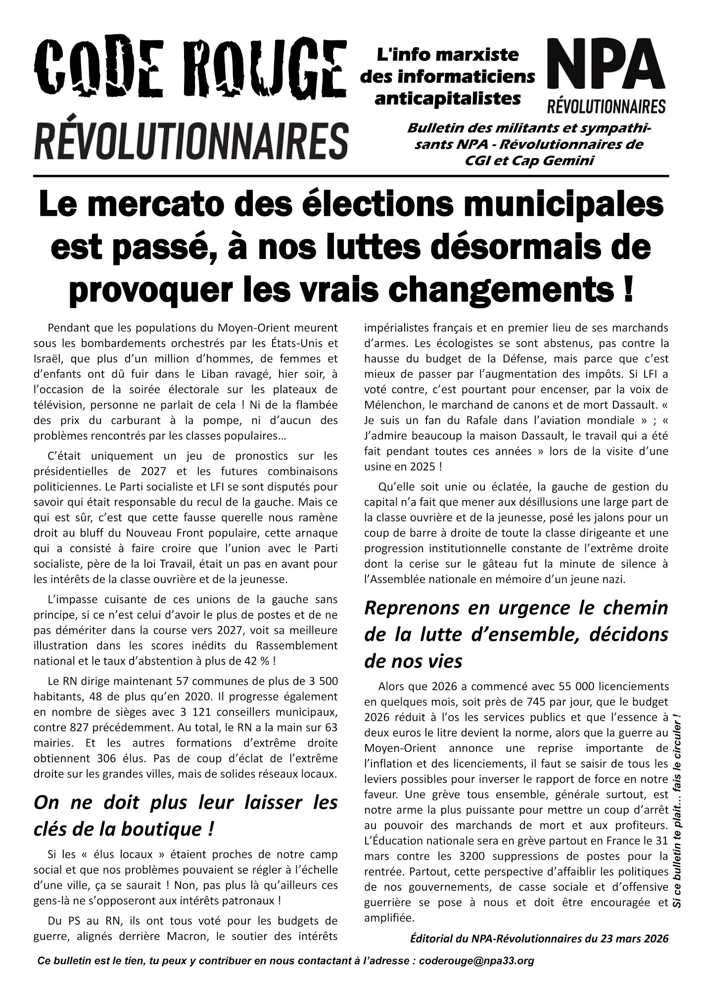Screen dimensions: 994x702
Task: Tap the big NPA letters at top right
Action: [607, 66]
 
